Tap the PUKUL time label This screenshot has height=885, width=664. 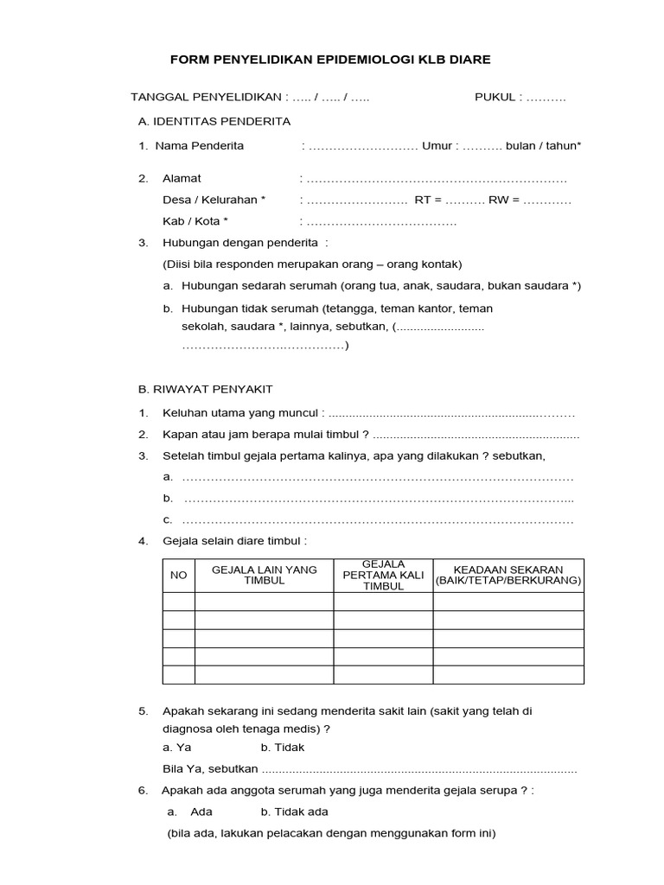pos(495,98)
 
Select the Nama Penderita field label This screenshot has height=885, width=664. pos(200,145)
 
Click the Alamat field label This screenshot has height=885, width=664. pos(182,178)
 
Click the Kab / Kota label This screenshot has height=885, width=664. pos(195,221)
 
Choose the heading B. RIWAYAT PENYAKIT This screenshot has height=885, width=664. pos(206,390)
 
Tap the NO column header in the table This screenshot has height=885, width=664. pos(179,575)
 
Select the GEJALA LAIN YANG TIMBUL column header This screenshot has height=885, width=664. pos(265,575)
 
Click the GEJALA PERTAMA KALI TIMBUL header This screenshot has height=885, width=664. pos(384,575)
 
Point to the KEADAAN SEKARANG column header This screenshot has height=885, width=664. pos(508,575)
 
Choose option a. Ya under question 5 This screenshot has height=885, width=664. pos(177,747)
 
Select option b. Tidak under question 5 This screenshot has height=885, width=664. pos(283,747)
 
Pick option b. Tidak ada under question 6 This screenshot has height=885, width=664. pos(295,812)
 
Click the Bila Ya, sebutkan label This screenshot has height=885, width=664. pos(210,768)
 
